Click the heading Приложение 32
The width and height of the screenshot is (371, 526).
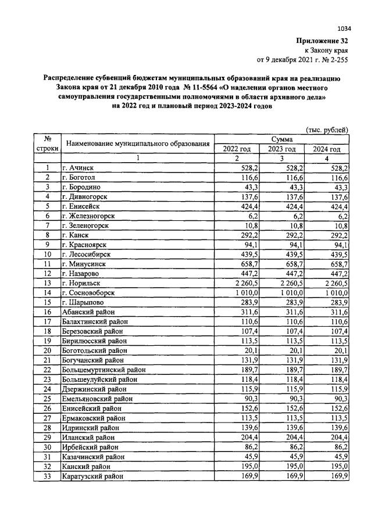(323, 41)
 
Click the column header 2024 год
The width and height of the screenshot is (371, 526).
(327, 149)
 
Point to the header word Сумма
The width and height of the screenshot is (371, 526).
(281, 139)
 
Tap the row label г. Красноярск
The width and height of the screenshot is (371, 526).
(89, 244)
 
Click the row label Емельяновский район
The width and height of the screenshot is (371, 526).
(97, 399)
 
